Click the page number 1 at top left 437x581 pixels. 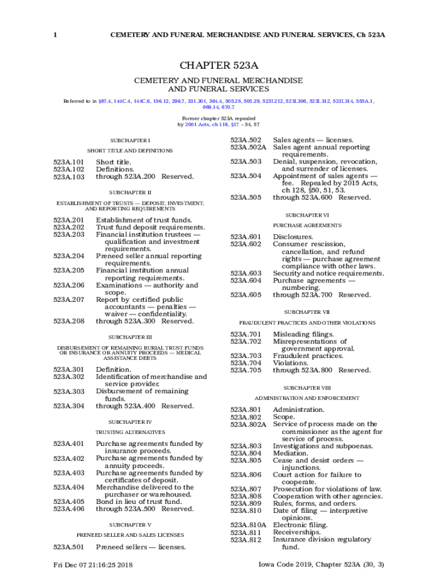click(x=55, y=35)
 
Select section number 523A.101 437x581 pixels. click(x=69, y=162)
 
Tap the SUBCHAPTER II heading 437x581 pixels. click(x=130, y=193)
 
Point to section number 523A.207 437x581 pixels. click(x=69, y=300)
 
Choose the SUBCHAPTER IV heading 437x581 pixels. click(x=130, y=422)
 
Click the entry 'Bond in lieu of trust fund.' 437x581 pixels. click(x=139, y=502)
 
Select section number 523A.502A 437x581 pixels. click(x=248, y=148)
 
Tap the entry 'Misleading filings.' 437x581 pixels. click(x=304, y=334)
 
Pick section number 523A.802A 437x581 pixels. click(x=248, y=424)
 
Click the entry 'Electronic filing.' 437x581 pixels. click(x=300, y=525)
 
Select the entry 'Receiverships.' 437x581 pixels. click(x=297, y=533)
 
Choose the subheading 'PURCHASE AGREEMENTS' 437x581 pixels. click(x=306, y=226)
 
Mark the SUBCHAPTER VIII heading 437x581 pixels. click(x=306, y=388)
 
